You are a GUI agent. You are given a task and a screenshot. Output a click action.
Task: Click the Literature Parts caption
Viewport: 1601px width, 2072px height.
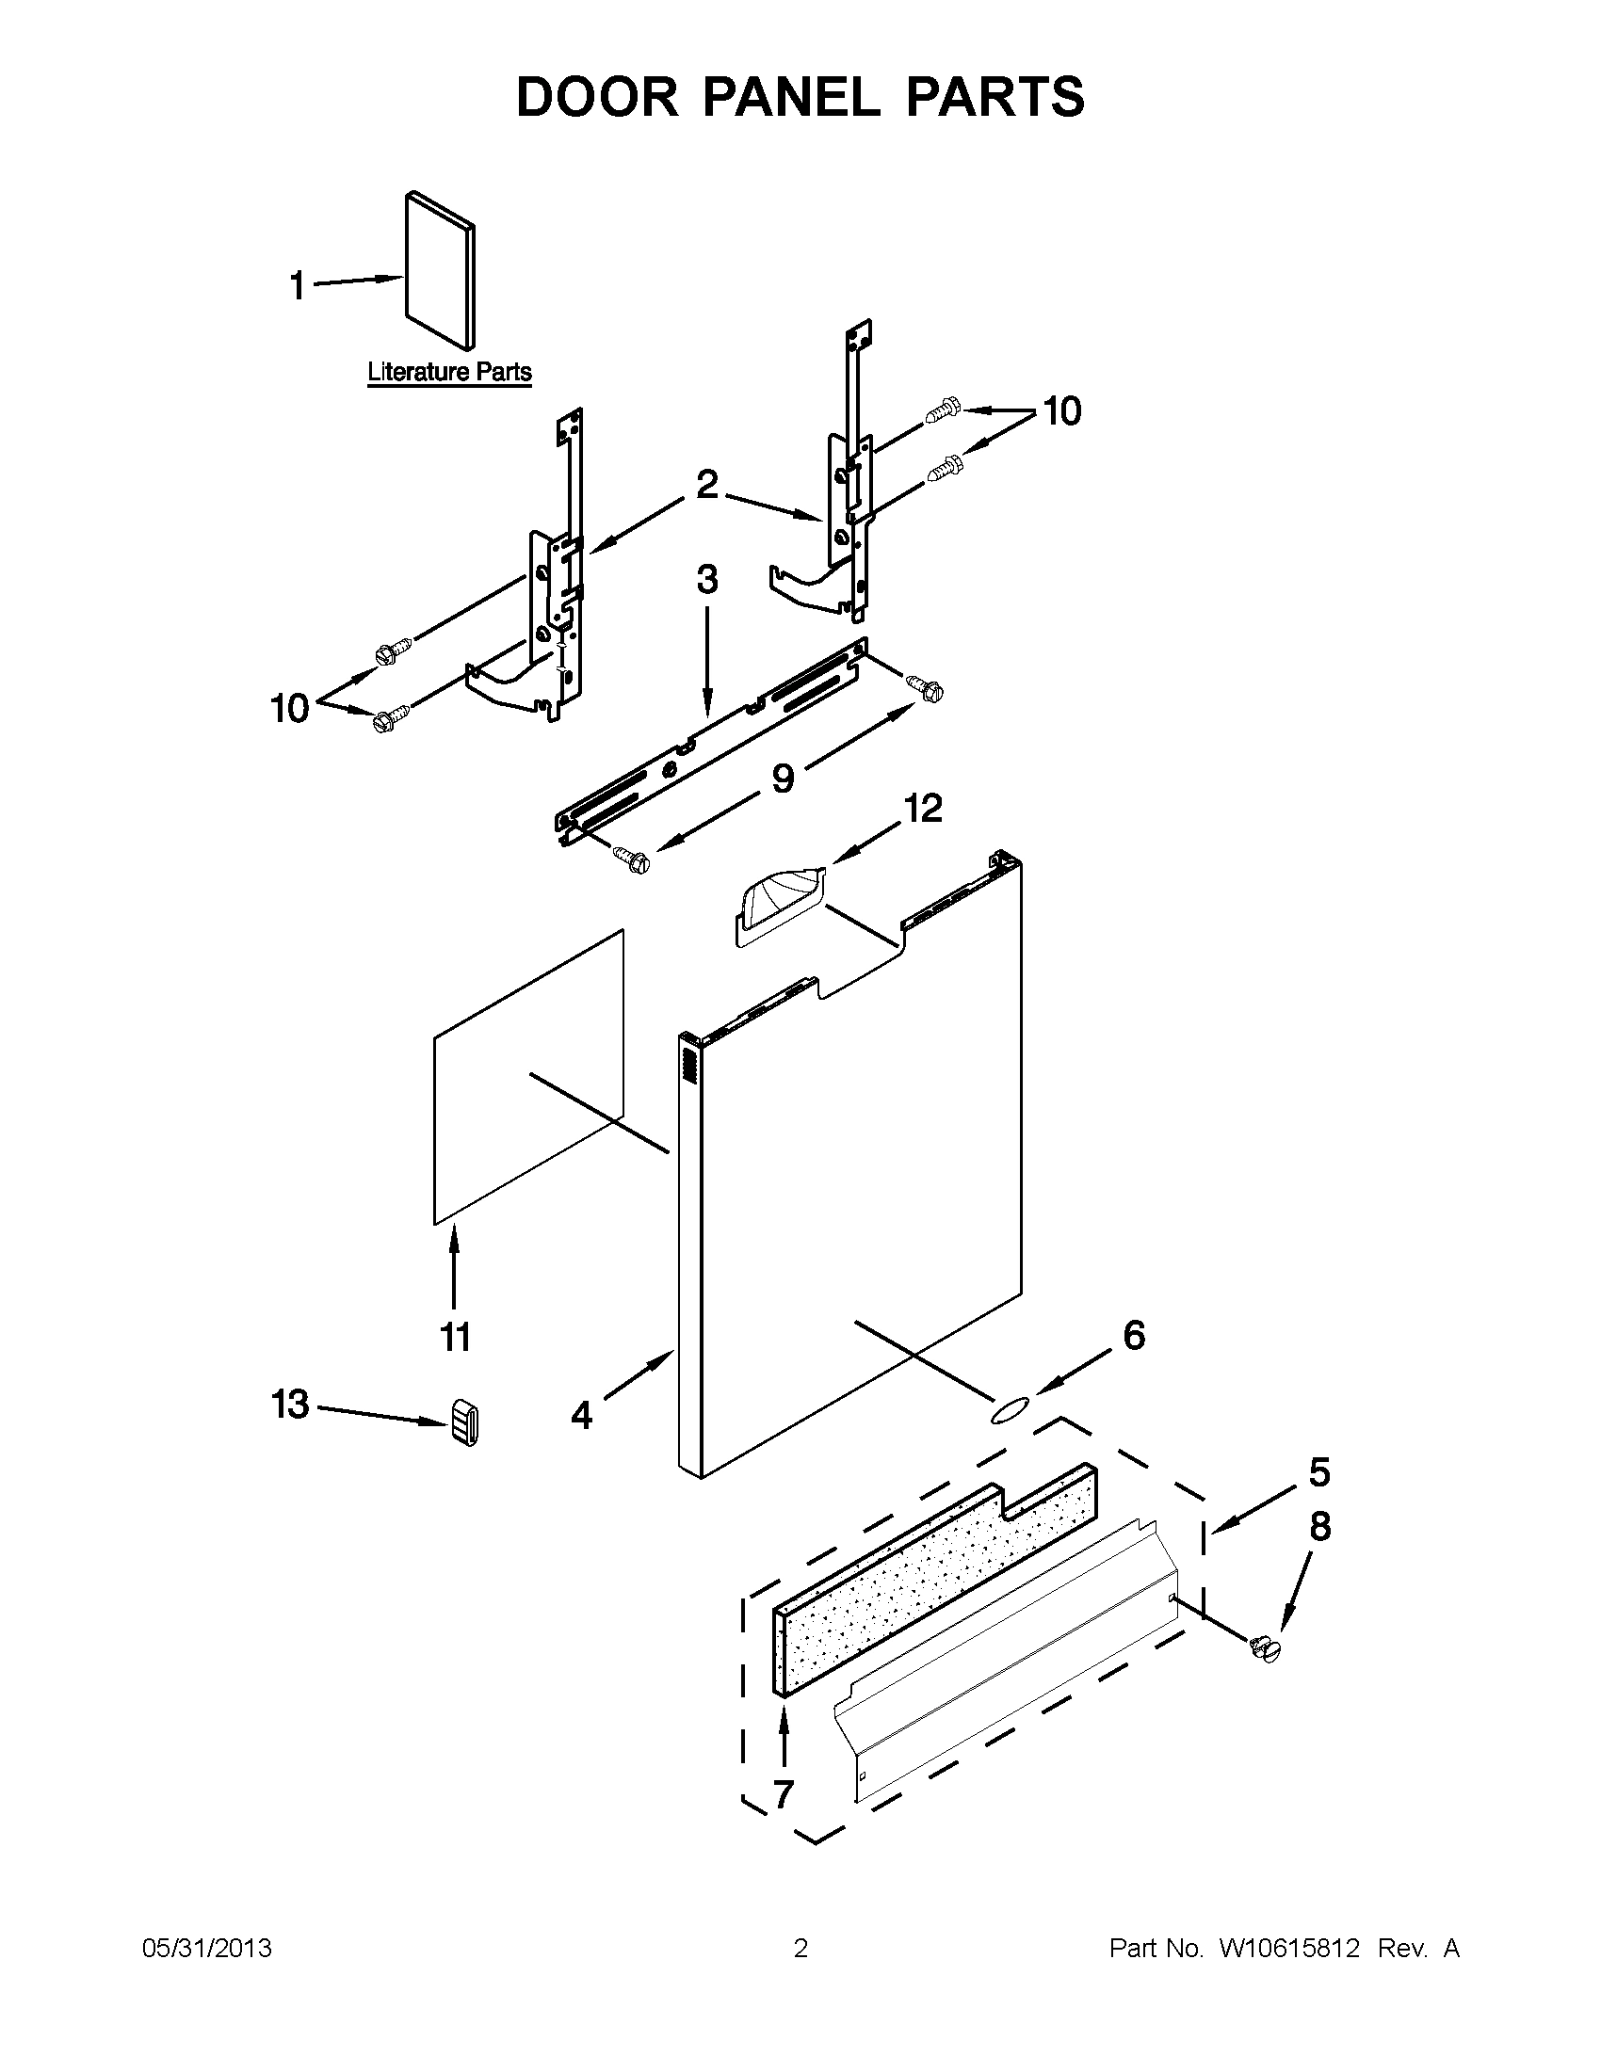[x=449, y=372]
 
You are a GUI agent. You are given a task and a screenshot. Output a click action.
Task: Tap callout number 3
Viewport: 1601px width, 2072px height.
[x=707, y=580]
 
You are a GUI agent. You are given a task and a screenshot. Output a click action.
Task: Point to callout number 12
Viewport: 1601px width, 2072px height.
[x=922, y=809]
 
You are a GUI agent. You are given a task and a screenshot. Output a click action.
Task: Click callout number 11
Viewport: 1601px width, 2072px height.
[x=455, y=1338]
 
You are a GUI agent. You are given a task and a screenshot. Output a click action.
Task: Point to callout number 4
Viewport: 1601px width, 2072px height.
[x=581, y=1417]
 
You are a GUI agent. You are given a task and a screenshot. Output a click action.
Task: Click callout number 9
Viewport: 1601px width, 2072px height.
[x=783, y=779]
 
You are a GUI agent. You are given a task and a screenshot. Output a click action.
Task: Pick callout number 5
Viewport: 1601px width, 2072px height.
[x=1319, y=1472]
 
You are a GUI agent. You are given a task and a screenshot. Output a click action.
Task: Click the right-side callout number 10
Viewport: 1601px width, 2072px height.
[x=1062, y=411]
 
